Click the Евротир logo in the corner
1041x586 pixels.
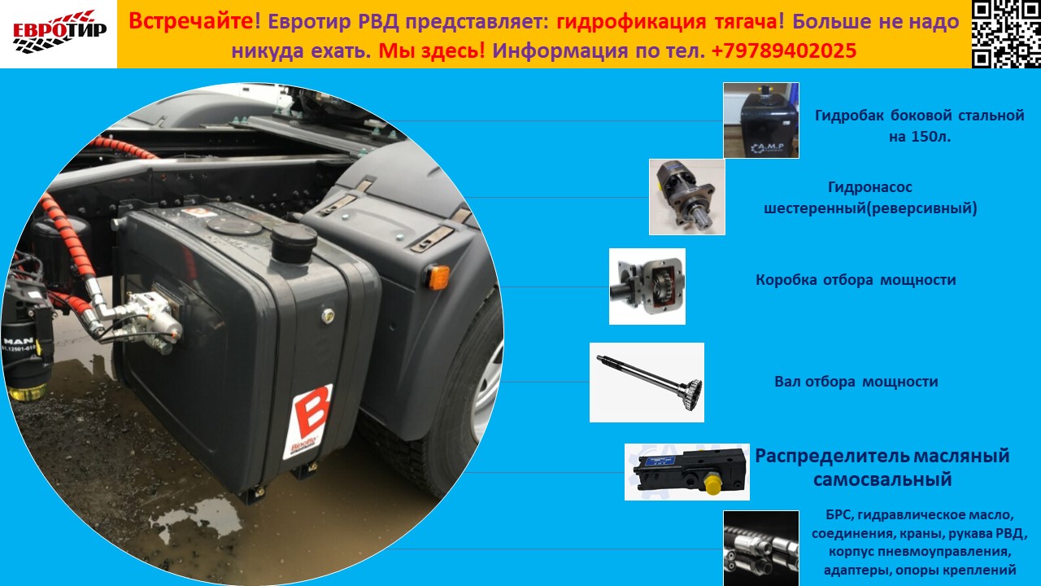(59, 32)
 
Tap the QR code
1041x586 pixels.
(1006, 34)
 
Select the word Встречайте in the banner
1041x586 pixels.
(191, 21)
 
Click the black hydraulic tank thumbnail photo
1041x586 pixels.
(761, 120)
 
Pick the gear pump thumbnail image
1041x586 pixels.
(687, 197)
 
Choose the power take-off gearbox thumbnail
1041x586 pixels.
(647, 286)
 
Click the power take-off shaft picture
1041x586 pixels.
(647, 383)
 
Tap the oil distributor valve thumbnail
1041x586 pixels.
(687, 472)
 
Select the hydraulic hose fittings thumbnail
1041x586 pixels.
(761, 549)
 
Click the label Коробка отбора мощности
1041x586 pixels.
(856, 280)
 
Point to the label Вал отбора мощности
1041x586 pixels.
(856, 382)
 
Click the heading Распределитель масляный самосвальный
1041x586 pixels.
(882, 467)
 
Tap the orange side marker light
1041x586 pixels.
(438, 278)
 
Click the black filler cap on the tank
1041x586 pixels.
(294, 243)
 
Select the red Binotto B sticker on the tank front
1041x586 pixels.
(308, 421)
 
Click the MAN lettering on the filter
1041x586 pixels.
(19, 341)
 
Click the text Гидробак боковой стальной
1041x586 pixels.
(920, 116)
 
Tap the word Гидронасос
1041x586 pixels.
(870, 187)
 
